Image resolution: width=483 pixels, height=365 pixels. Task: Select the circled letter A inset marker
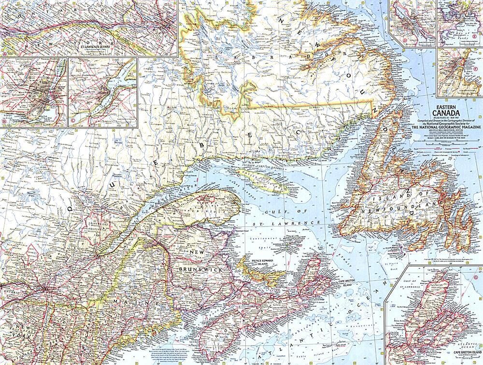[x=4, y=54]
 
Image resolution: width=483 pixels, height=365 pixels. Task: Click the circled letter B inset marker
[x=4, y=124]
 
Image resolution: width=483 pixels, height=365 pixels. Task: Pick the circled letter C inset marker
[x=72, y=124]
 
